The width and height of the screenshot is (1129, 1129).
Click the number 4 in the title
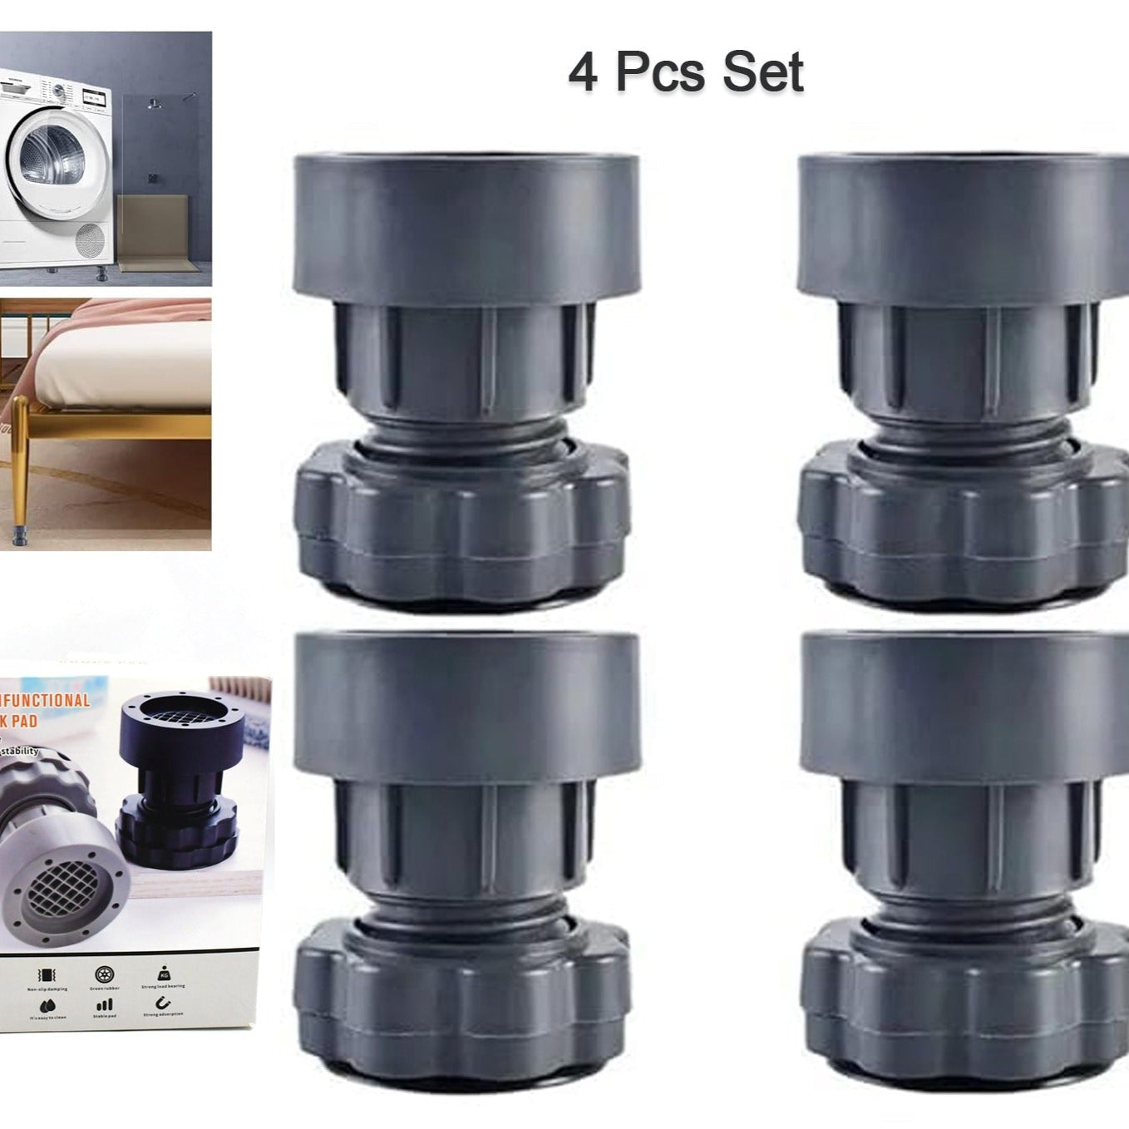584,72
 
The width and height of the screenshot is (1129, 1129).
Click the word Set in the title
762,72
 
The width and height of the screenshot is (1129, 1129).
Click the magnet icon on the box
163,1003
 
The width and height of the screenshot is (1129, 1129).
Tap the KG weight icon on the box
163,974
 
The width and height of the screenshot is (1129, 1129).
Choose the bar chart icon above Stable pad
105,1005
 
